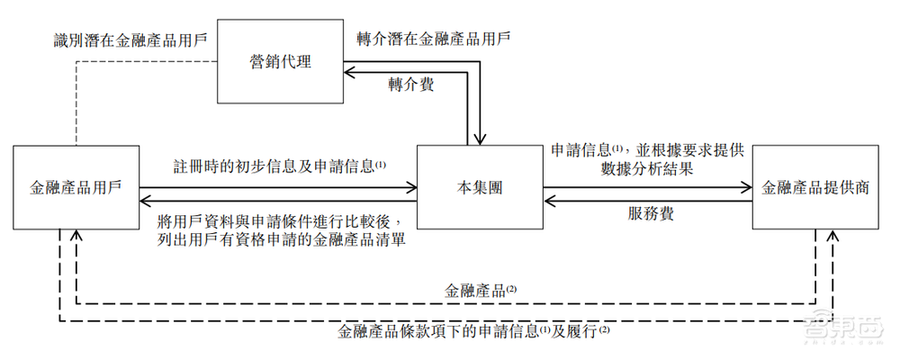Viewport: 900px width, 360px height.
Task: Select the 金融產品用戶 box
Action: pyautogui.click(x=76, y=188)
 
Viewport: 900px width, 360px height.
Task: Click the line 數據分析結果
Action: pyautogui.click(x=648, y=168)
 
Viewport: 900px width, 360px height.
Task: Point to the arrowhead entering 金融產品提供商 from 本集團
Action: pyautogui.click(x=746, y=187)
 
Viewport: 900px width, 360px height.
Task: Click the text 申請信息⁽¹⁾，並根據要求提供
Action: pyautogui.click(x=643, y=148)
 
